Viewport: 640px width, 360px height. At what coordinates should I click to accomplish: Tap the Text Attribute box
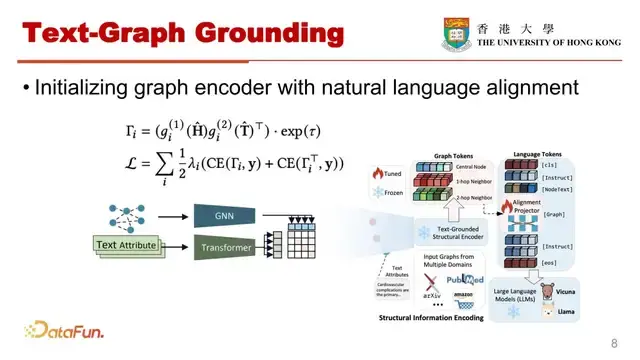[x=126, y=244]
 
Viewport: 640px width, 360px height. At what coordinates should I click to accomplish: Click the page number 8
[x=612, y=340]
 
